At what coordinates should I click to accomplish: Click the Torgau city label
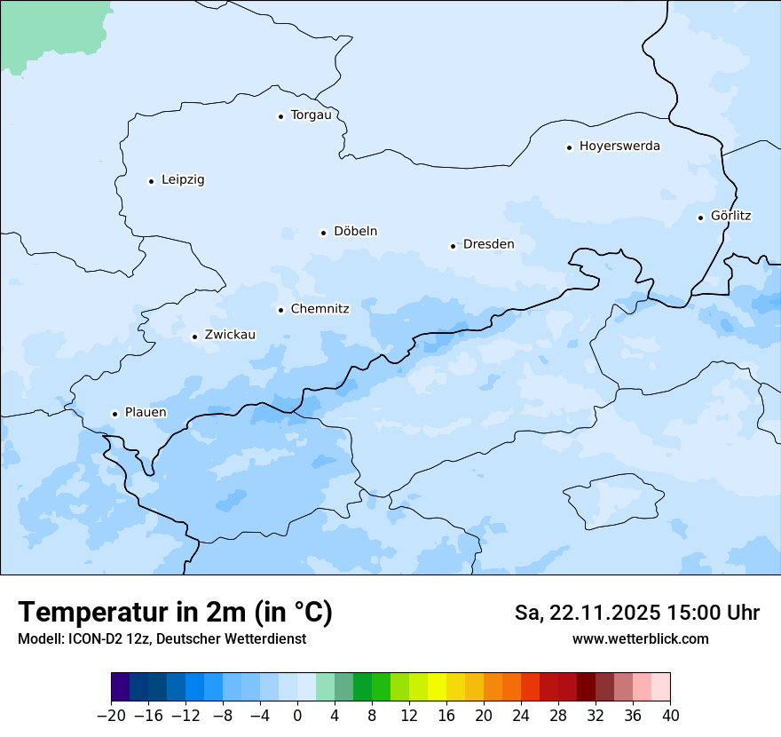pyautogui.click(x=311, y=115)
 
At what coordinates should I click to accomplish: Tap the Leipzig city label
pyautogui.click(x=183, y=180)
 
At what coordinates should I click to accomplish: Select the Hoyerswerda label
pyautogui.click(x=619, y=147)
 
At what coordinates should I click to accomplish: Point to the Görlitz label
pyautogui.click(x=730, y=216)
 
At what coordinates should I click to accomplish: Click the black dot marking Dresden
pyautogui.click(x=453, y=246)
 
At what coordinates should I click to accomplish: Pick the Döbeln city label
pyautogui.click(x=355, y=232)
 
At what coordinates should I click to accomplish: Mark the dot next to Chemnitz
pyautogui.click(x=280, y=310)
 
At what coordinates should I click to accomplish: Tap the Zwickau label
pyautogui.click(x=230, y=336)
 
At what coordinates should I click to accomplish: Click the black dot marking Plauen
pyautogui.click(x=114, y=414)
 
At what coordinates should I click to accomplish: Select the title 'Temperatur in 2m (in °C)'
pyautogui.click(x=175, y=613)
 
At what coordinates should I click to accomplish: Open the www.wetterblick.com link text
pyautogui.click(x=640, y=639)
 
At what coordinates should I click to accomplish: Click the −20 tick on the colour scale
pyautogui.click(x=112, y=716)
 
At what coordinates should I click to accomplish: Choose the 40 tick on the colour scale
pyautogui.click(x=670, y=716)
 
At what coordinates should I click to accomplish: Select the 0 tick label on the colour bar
pyautogui.click(x=297, y=716)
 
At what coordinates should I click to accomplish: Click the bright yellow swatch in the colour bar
pyautogui.click(x=437, y=687)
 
